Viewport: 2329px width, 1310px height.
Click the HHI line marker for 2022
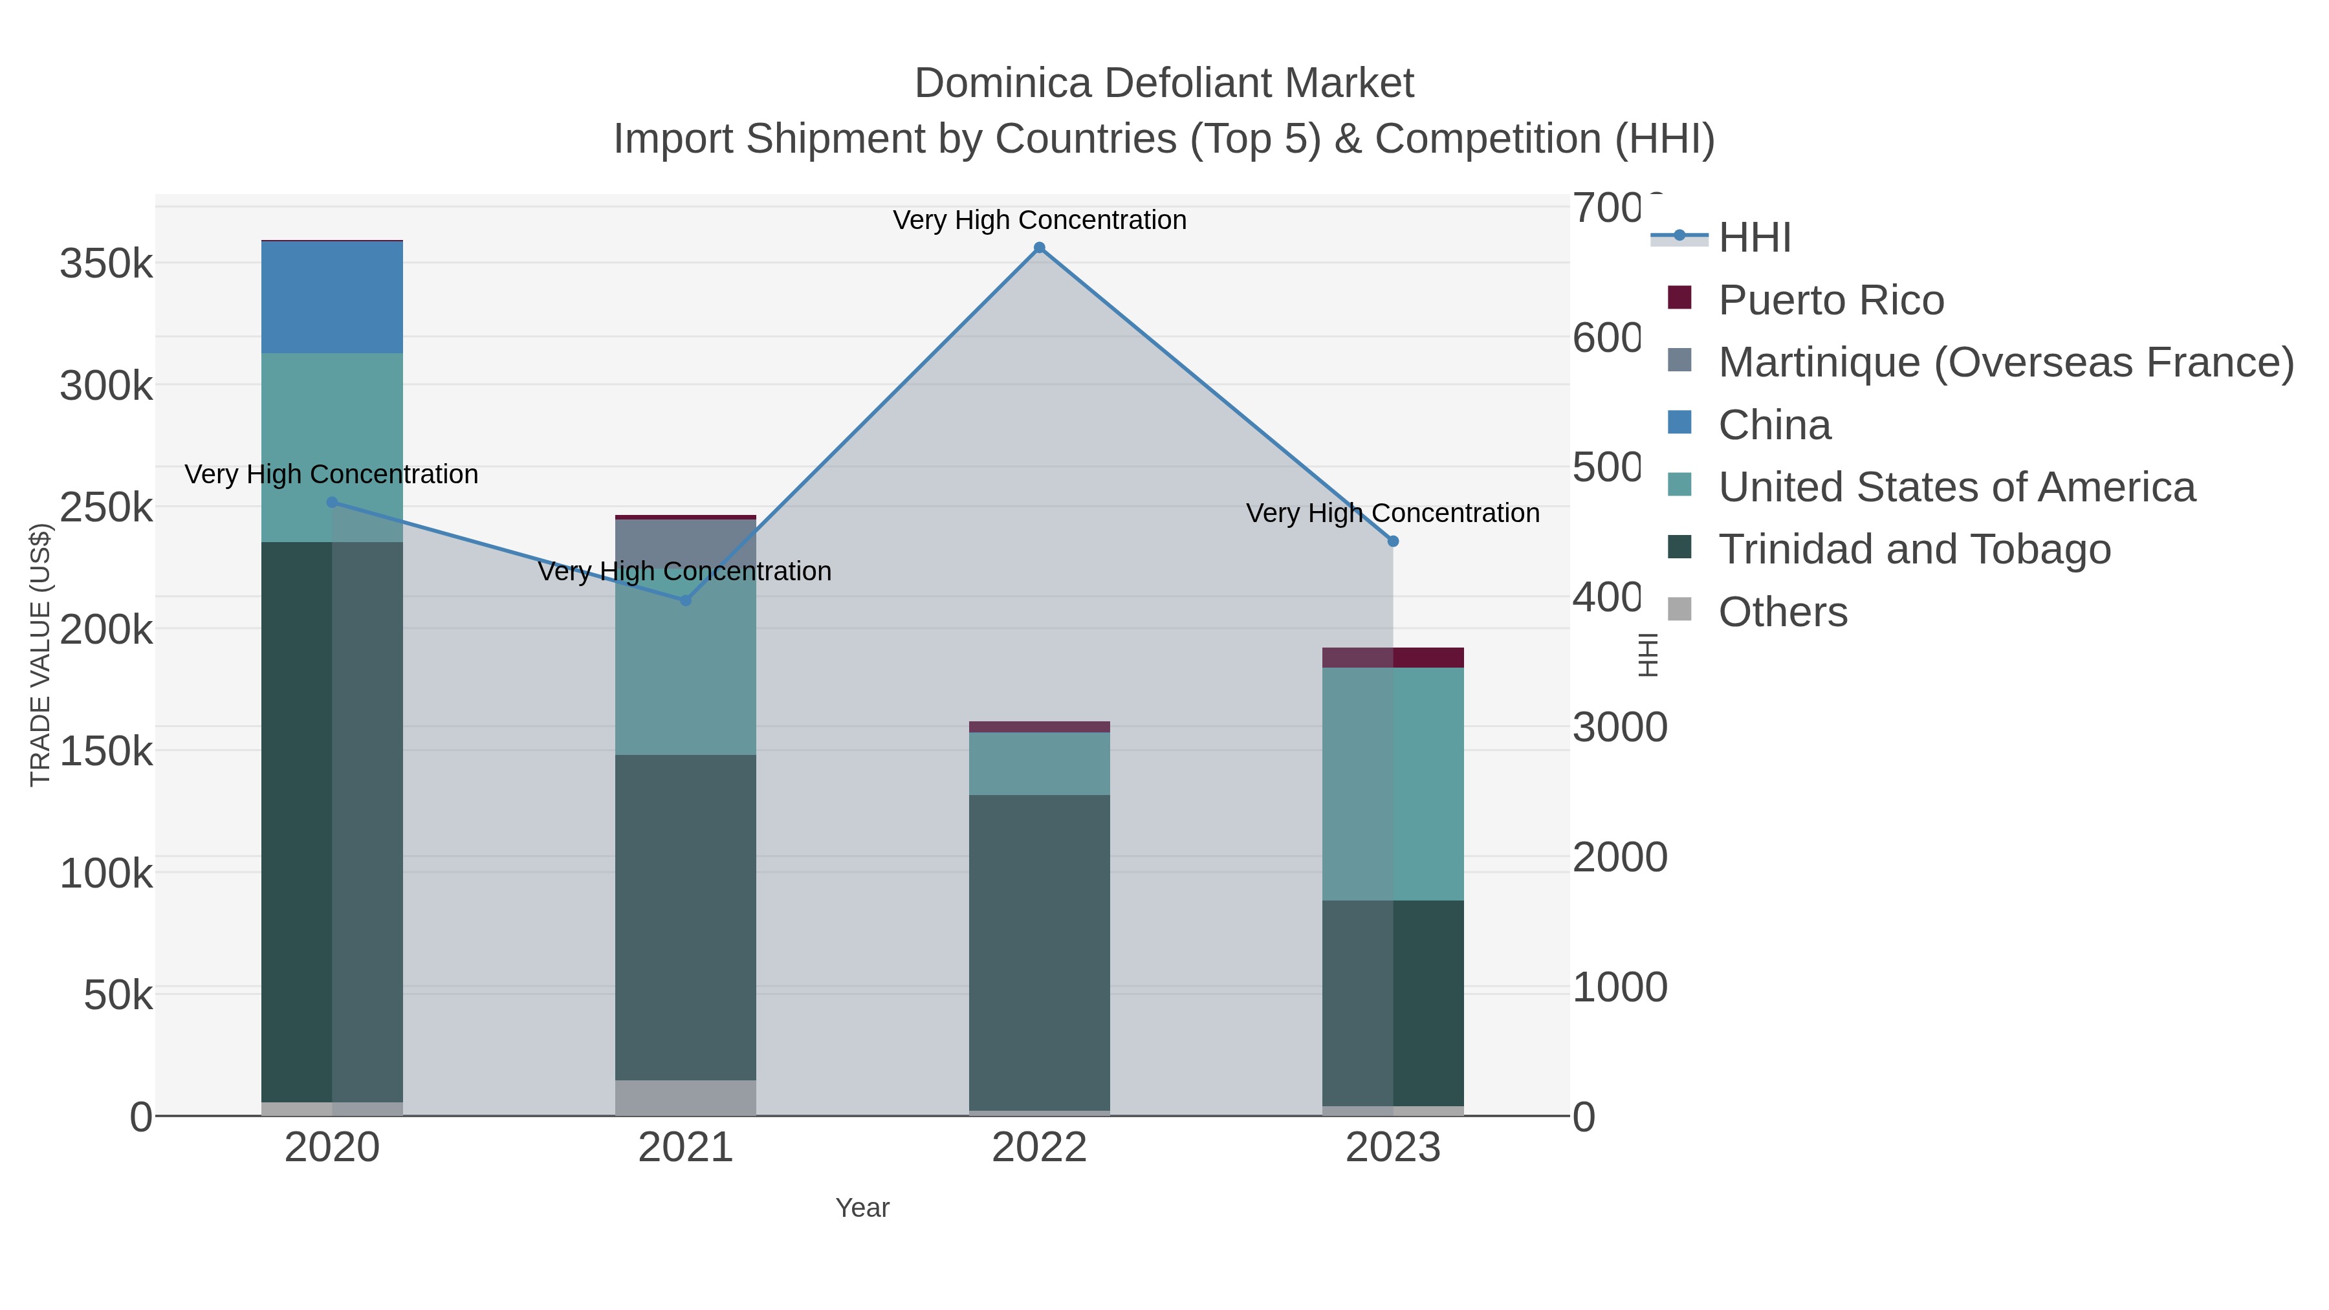click(x=1039, y=248)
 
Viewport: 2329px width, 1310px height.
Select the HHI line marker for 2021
click(x=685, y=600)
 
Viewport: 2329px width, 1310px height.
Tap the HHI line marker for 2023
click(x=1392, y=541)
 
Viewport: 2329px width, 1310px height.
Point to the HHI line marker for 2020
click(x=332, y=503)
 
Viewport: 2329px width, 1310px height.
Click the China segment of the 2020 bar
click(x=332, y=298)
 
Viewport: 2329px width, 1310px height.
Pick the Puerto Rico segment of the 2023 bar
click(x=1392, y=657)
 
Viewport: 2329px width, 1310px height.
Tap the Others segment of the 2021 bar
click(x=685, y=1098)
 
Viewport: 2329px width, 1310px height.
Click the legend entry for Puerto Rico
click(x=1830, y=300)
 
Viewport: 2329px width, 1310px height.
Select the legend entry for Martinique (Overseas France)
click(x=2006, y=362)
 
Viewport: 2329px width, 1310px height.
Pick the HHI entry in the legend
click(x=1754, y=238)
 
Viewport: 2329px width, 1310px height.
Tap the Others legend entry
click(x=1782, y=612)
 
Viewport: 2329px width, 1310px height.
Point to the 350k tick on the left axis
click(x=106, y=265)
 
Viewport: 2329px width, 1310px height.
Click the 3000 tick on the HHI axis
click(x=1619, y=728)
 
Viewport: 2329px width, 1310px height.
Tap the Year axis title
click(x=862, y=1208)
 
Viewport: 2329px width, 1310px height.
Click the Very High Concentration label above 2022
click(x=1039, y=221)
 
